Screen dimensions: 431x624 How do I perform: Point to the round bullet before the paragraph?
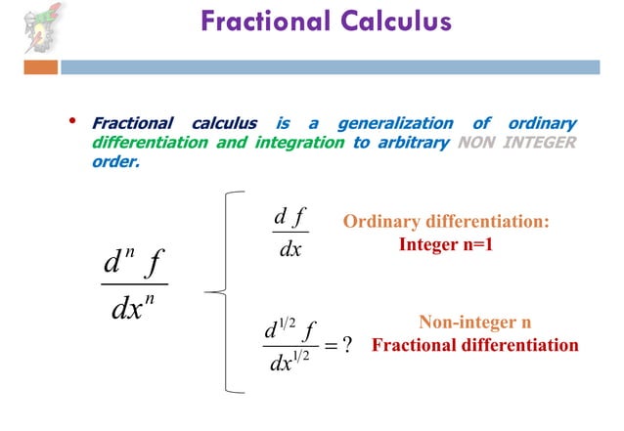tap(70, 122)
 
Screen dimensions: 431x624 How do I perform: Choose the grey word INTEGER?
tap(542, 143)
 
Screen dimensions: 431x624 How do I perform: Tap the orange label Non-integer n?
tap(474, 323)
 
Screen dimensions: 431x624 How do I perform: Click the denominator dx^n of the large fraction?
tap(135, 311)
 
